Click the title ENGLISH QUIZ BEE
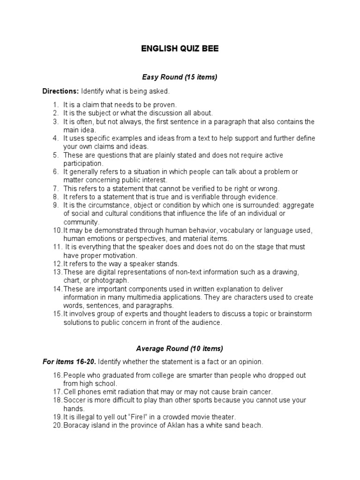tap(180, 49)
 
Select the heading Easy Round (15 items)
tap(180, 77)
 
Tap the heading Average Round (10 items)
tap(180, 348)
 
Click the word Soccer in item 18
tap(74, 400)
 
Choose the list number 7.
tap(55, 188)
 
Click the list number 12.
tap(57, 264)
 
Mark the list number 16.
tap(57, 375)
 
